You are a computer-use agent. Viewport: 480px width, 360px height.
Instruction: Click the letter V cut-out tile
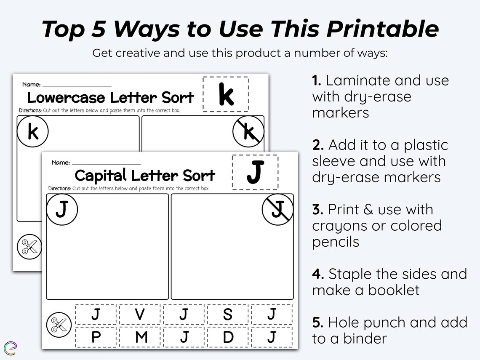tap(140, 315)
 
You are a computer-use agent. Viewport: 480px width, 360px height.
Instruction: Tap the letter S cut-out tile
tap(227, 315)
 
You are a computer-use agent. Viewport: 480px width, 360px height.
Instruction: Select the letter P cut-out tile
tap(96, 337)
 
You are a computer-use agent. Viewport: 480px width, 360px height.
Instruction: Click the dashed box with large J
tap(255, 172)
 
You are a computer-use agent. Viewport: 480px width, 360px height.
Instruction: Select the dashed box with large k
tap(226, 94)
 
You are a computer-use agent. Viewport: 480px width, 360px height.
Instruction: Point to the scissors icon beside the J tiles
tap(57, 325)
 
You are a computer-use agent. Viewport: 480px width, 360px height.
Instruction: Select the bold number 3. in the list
tap(317, 210)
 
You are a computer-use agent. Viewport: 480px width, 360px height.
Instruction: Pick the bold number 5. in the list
tap(317, 323)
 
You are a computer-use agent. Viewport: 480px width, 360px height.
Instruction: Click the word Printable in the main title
tap(382, 29)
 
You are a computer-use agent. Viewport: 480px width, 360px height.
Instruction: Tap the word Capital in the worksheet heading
tap(100, 175)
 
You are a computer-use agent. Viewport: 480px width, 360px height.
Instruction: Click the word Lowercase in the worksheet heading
tap(66, 98)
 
